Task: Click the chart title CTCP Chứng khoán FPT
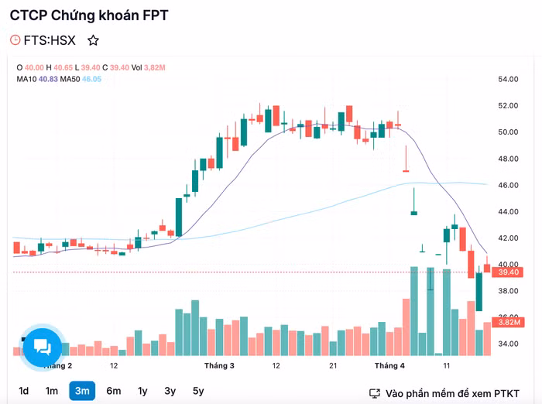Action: [89, 15]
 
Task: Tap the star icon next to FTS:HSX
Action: [93, 40]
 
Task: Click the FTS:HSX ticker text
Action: [50, 40]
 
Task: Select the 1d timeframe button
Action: [24, 391]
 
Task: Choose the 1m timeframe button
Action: [51, 391]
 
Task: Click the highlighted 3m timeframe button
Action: [82, 391]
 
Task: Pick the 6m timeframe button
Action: [113, 391]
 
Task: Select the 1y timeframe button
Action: [142, 391]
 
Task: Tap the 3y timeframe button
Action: [170, 391]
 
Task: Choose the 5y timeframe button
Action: [198, 391]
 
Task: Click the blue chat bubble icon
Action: [43, 348]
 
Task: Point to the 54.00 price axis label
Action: [508, 79]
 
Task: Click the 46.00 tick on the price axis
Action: [508, 185]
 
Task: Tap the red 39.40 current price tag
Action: [508, 272]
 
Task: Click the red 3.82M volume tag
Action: [508, 322]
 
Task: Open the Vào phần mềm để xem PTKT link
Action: [445, 393]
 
